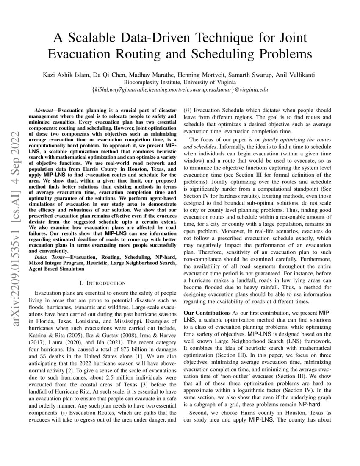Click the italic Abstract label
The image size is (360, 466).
pyautogui.click(x=45, y=109)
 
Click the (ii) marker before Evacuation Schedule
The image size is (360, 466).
pyautogui.click(x=187, y=110)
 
